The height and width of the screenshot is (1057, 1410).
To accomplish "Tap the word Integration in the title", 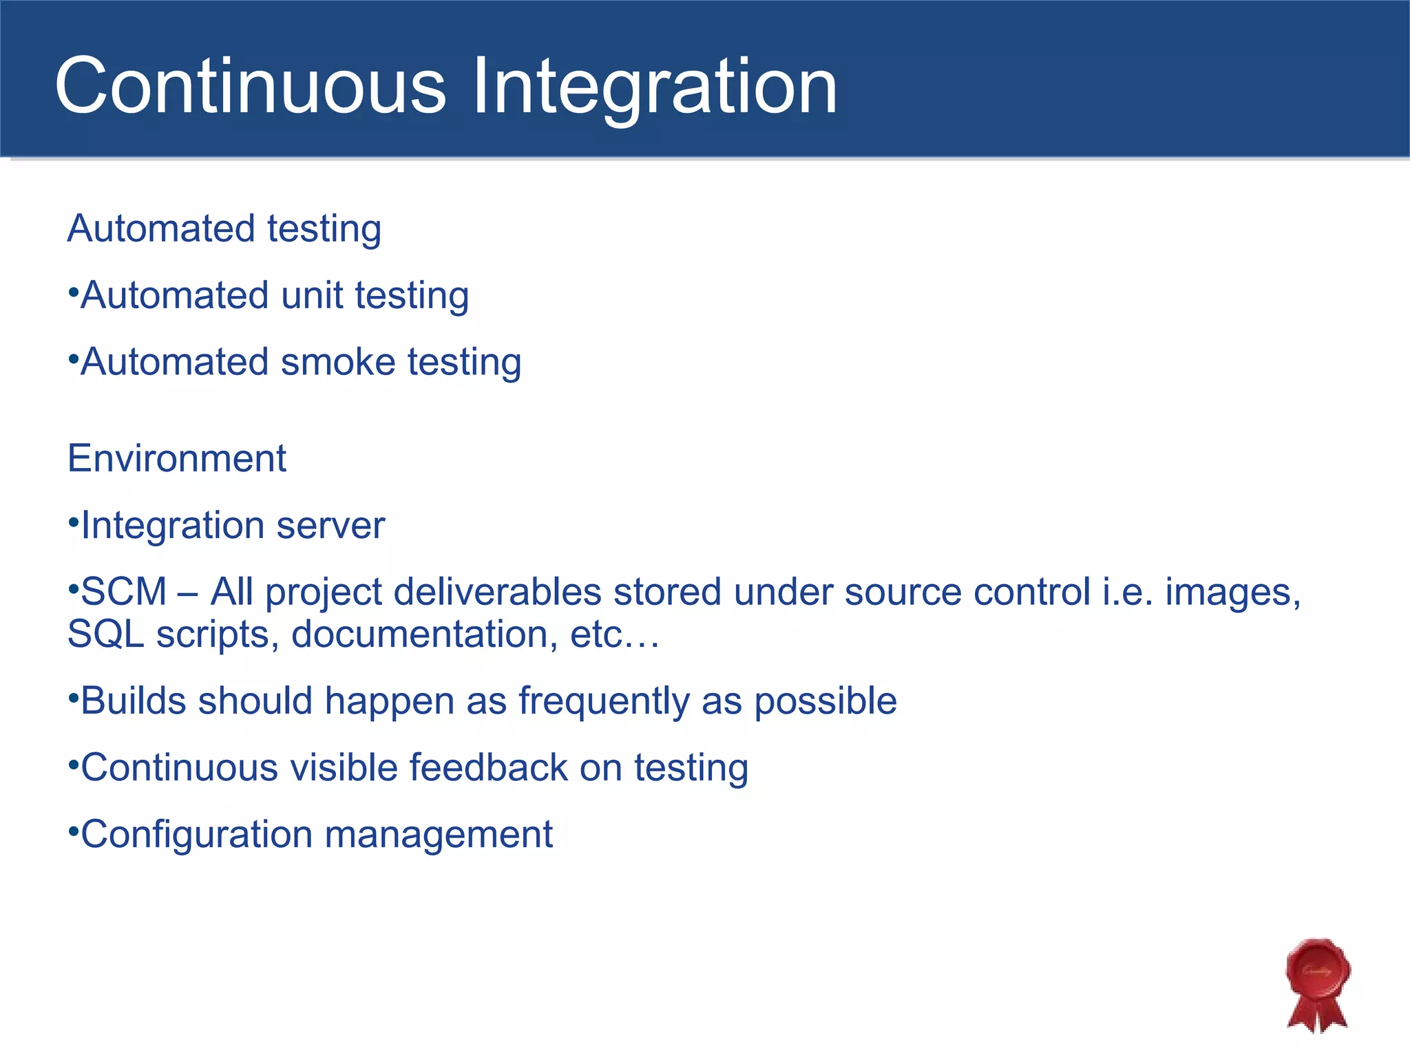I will coord(655,86).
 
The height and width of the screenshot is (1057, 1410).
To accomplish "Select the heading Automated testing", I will coord(224,228).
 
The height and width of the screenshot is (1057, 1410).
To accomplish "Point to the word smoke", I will coord(338,362).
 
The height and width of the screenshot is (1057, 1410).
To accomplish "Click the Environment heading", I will coord(177,458).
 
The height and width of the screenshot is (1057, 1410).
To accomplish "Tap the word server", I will coord(330,526).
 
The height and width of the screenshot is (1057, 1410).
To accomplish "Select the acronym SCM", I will coord(124,592).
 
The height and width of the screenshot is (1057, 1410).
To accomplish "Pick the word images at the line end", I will coord(1232,592).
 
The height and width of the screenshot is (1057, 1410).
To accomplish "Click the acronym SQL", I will coord(105,634).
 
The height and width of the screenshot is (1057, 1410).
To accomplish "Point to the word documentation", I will coord(424,634).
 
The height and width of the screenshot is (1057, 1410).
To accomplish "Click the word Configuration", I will coord(197,835).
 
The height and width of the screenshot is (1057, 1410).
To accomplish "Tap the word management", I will coord(439,835).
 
